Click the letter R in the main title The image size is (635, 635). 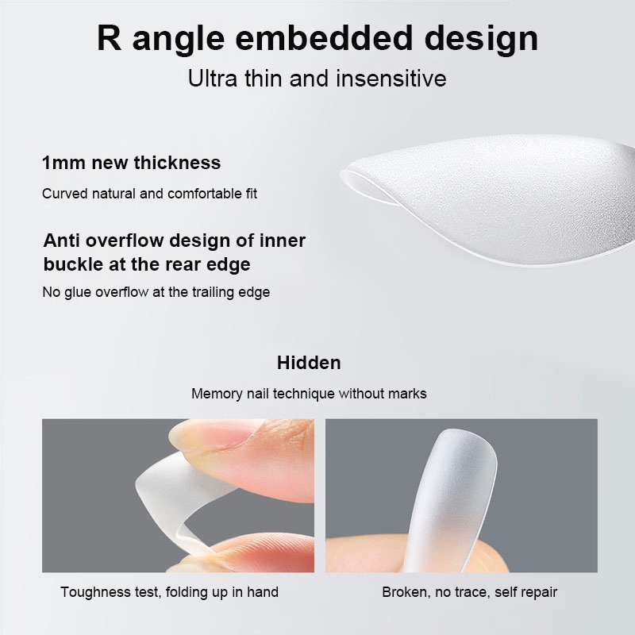pyautogui.click(x=110, y=38)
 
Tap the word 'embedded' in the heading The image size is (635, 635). pyautogui.click(x=324, y=38)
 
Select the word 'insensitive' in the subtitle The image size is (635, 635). pyautogui.click(x=391, y=78)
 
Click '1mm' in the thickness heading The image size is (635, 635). pyautogui.click(x=63, y=163)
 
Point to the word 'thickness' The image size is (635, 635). pyautogui.click(x=177, y=163)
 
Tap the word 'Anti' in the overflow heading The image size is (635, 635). pyautogui.click(x=61, y=241)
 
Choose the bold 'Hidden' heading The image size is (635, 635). pyautogui.click(x=309, y=363)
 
